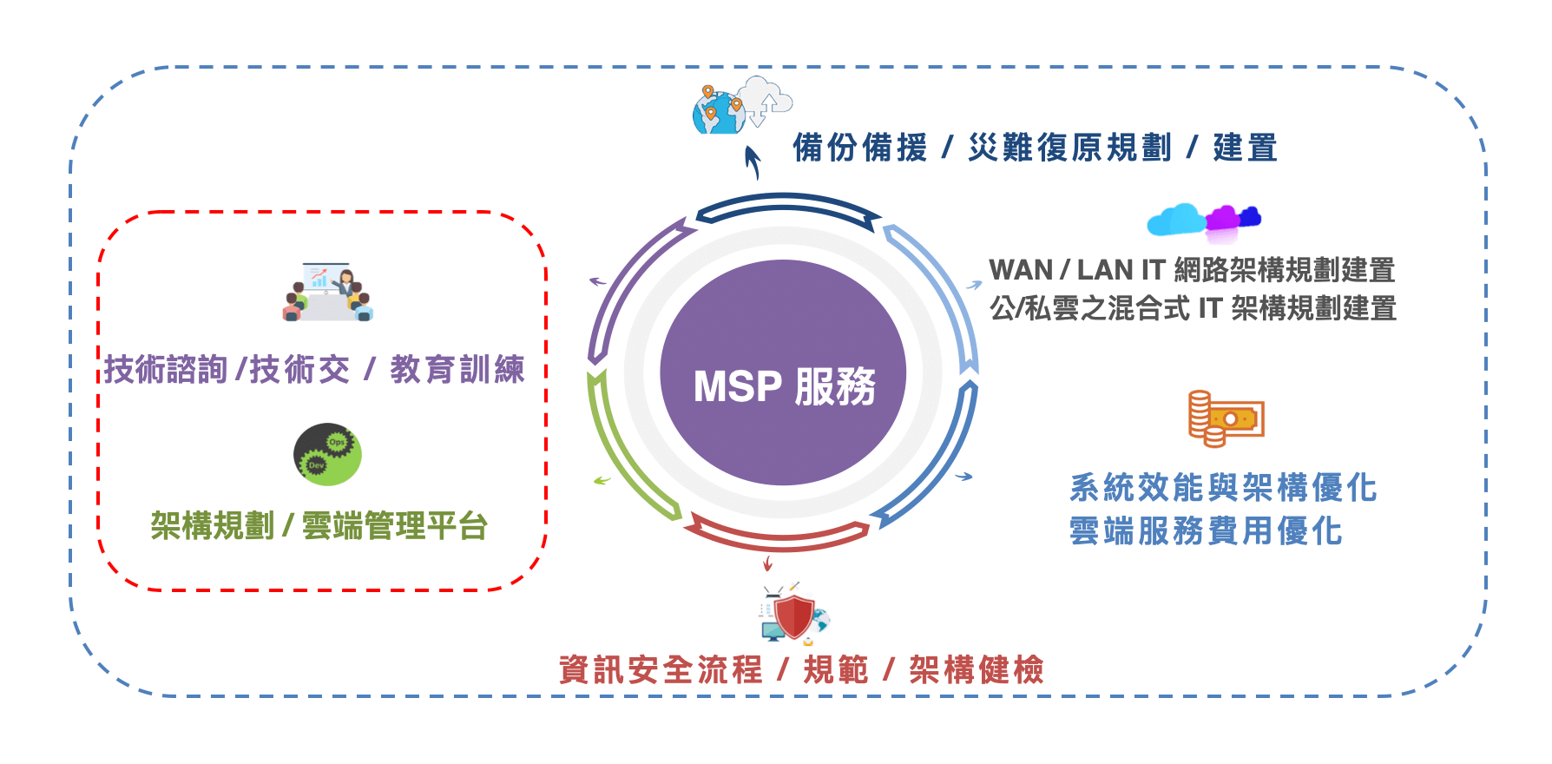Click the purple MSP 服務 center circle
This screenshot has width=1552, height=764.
(x=783, y=373)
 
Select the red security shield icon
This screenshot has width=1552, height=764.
(x=793, y=616)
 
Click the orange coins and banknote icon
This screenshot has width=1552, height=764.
(x=1225, y=418)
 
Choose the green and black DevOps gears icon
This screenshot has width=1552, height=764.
(x=327, y=454)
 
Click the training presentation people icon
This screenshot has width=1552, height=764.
(x=328, y=293)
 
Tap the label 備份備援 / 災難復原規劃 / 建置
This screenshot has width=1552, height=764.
(x=1035, y=148)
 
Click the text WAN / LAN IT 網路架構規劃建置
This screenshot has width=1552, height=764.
(x=1191, y=270)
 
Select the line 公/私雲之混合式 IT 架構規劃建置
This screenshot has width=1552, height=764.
(x=1193, y=308)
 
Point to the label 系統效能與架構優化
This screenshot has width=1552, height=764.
(x=1222, y=488)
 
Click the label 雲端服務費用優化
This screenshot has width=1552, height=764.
(x=1206, y=530)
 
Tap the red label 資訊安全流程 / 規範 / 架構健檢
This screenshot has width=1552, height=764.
(x=801, y=669)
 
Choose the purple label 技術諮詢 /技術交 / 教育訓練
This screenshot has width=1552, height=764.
(x=314, y=370)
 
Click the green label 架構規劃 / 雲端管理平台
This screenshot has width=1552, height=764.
(x=319, y=525)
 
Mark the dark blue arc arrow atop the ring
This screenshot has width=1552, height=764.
(x=786, y=203)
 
